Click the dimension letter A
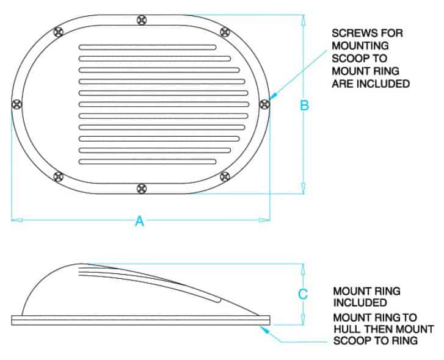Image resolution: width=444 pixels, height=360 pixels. (139, 221)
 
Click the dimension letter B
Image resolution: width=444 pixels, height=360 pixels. (304, 105)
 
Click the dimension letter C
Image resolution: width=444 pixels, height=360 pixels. (303, 294)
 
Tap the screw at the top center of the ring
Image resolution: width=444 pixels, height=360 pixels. (142, 20)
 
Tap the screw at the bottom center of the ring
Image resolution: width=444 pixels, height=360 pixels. (142, 189)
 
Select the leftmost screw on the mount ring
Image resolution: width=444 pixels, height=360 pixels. (17, 104)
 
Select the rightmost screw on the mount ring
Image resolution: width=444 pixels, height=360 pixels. (264, 104)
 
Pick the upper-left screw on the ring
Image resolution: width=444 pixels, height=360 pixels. (59, 32)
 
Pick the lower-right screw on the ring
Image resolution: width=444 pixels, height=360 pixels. (225, 177)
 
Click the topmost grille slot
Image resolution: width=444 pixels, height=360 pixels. (148, 47)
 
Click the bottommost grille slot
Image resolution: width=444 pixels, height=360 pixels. (148, 162)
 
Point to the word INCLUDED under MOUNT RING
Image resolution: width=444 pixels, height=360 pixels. (360, 303)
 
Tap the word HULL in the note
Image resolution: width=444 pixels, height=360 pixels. (347, 329)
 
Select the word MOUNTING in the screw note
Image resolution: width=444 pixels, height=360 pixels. (360, 46)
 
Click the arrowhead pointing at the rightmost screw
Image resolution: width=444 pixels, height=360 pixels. (272, 97)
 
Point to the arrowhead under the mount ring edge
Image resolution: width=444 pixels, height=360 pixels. (264, 329)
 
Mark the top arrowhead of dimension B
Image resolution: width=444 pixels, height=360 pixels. (304, 20)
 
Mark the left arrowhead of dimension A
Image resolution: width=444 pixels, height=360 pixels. (17, 220)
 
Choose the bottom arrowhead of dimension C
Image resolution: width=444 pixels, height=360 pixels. (303, 319)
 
